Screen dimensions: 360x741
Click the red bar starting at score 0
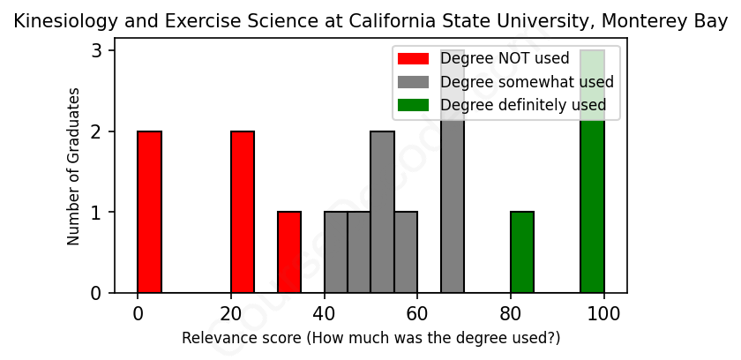[149, 212]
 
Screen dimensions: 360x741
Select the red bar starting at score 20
[243, 212]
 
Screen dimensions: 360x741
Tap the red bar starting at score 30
[289, 252]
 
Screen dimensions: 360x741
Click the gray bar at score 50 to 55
[382, 212]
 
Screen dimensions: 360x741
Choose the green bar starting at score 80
[522, 252]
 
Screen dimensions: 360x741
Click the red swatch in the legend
[413, 59]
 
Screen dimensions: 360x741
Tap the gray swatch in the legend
[413, 82]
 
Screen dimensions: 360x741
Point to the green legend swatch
[413, 105]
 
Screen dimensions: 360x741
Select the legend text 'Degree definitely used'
[523, 105]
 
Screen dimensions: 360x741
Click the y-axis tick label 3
[97, 51]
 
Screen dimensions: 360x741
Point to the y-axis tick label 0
[97, 293]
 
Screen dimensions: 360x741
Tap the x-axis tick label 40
[324, 313]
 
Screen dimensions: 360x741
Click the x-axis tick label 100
[603, 313]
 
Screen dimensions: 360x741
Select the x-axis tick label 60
[417, 313]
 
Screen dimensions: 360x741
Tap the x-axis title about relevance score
[370, 338]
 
